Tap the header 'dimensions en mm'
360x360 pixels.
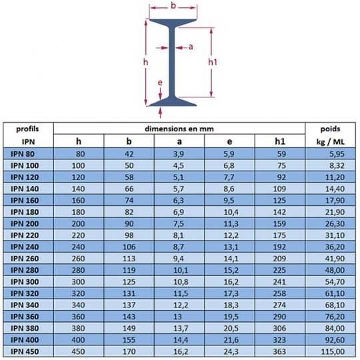click(179, 127)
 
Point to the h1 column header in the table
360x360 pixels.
click(279, 141)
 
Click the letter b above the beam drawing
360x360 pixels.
click(173, 7)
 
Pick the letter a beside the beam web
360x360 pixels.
click(191, 47)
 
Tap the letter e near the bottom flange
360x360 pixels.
click(160, 83)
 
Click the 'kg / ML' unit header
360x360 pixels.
click(331, 141)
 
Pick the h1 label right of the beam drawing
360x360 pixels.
click(213, 61)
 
